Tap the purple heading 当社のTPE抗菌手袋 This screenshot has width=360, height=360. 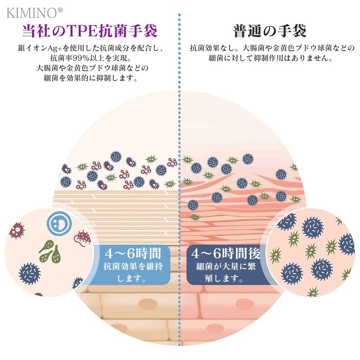click(x=90, y=31)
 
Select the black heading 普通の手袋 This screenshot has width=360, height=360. click(x=270, y=31)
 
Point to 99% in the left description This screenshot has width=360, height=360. click(x=81, y=58)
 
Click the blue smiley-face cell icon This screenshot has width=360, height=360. click(x=59, y=223)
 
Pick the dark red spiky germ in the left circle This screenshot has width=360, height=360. click(x=17, y=230)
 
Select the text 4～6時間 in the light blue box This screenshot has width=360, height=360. click(x=133, y=253)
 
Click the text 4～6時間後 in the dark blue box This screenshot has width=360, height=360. click(x=226, y=253)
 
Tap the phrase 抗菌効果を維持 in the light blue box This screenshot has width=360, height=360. click(x=133, y=266)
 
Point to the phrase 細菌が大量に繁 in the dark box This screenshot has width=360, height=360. click(x=226, y=266)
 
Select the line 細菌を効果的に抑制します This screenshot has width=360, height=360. click(x=91, y=78)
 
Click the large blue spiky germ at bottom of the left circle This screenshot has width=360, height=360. click(x=29, y=274)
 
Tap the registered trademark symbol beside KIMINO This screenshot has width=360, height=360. click(x=60, y=10)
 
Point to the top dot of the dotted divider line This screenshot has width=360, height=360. click(x=179, y=15)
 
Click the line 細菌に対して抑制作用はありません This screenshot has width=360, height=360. click(x=270, y=58)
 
